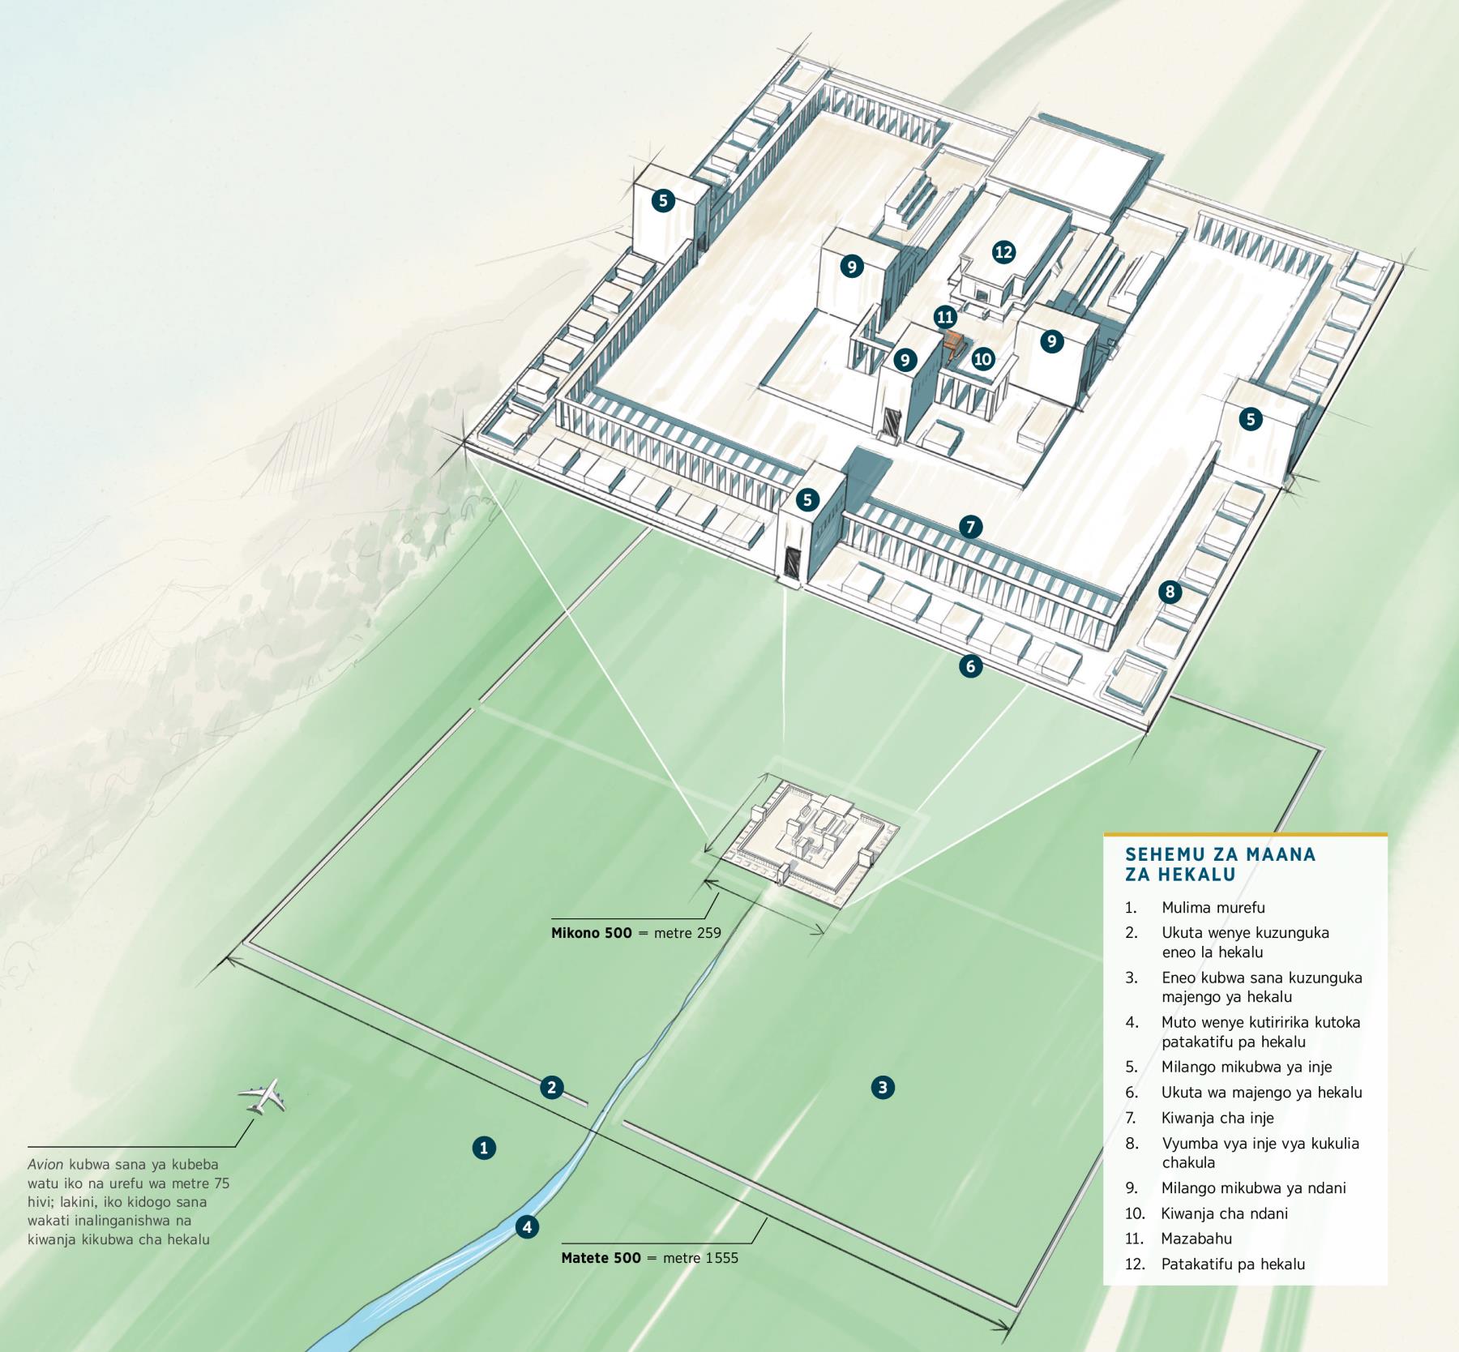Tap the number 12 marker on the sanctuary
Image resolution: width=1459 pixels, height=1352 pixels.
pyautogui.click(x=1003, y=252)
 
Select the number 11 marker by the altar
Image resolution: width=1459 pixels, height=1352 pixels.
pyautogui.click(x=944, y=316)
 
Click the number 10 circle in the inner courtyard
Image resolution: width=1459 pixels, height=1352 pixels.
pyautogui.click(x=983, y=359)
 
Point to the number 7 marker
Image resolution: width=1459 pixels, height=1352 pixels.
pyautogui.click(x=970, y=527)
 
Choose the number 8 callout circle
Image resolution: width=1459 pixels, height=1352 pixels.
pyautogui.click(x=1170, y=592)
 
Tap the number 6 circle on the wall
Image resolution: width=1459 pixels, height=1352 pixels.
pyautogui.click(x=970, y=666)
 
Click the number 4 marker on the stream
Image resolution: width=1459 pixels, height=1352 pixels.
pyautogui.click(x=527, y=1227)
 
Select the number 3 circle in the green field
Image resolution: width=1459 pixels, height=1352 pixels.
pyautogui.click(x=883, y=1087)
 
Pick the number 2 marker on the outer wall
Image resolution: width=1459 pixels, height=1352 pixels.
pyautogui.click(x=552, y=1087)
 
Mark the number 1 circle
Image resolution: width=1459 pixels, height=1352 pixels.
pyautogui.click(x=484, y=1148)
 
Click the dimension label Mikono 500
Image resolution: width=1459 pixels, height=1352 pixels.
pyautogui.click(x=592, y=933)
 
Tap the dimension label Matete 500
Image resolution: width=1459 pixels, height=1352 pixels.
pyautogui.click(x=601, y=1259)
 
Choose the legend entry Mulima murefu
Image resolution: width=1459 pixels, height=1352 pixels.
pyautogui.click(x=1213, y=908)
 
